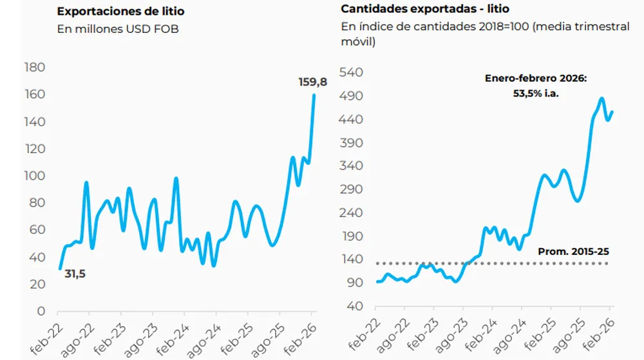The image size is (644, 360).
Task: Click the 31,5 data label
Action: click(75, 274)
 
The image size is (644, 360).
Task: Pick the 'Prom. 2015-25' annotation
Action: click(573, 251)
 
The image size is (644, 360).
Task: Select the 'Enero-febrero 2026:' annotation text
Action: click(536, 79)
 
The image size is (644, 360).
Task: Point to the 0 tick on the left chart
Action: click(41, 311)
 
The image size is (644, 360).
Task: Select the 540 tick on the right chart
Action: click(353, 73)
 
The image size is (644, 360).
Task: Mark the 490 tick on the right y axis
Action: click(353, 97)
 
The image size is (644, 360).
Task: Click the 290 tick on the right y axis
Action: click(353, 189)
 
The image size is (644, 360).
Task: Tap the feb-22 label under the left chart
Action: click(50, 336)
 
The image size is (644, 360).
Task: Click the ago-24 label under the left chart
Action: click(206, 337)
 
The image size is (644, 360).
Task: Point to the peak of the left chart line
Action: click(314, 95)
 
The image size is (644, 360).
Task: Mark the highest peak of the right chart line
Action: click(601, 99)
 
